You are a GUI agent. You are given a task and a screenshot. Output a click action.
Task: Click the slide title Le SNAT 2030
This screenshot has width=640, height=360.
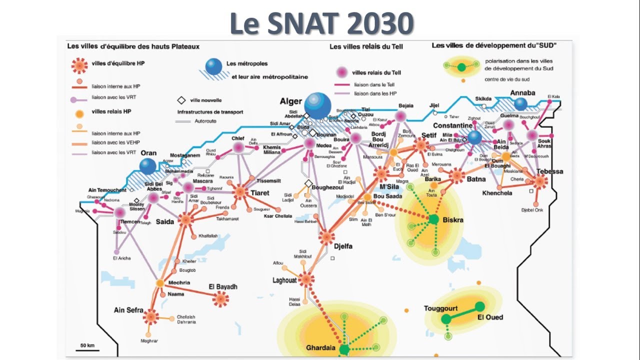[x=321, y=23]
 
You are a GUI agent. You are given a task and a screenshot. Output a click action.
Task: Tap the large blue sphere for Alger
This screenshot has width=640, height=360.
[x=318, y=105]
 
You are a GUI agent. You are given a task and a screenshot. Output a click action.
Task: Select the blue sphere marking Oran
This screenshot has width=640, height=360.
[x=148, y=166]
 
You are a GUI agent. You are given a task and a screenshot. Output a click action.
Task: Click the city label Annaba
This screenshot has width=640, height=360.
[x=522, y=93]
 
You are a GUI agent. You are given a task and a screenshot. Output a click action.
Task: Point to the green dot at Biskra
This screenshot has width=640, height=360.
[x=433, y=219]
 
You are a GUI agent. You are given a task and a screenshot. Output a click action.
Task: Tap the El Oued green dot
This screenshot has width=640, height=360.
[x=480, y=306]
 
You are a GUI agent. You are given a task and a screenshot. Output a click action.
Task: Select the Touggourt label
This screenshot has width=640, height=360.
[x=441, y=308]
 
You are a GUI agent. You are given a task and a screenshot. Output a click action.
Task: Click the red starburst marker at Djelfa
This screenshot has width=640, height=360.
[x=326, y=237]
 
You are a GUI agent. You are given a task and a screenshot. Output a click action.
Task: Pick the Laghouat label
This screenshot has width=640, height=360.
[x=284, y=280]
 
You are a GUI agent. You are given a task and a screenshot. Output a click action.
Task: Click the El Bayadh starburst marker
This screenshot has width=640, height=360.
[x=220, y=299]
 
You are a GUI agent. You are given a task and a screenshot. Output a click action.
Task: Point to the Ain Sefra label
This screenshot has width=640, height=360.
[x=128, y=310]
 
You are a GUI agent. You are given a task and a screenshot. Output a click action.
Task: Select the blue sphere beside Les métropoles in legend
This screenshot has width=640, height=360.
[x=214, y=66]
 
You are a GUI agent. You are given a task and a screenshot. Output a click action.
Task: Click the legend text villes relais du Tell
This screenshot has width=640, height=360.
[x=376, y=72]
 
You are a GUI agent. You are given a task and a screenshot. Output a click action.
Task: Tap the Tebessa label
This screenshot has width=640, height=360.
[x=549, y=171]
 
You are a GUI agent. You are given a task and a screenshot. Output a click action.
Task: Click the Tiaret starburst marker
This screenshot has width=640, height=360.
[x=240, y=191]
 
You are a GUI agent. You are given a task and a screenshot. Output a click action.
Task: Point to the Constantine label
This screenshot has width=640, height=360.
[x=452, y=125]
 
